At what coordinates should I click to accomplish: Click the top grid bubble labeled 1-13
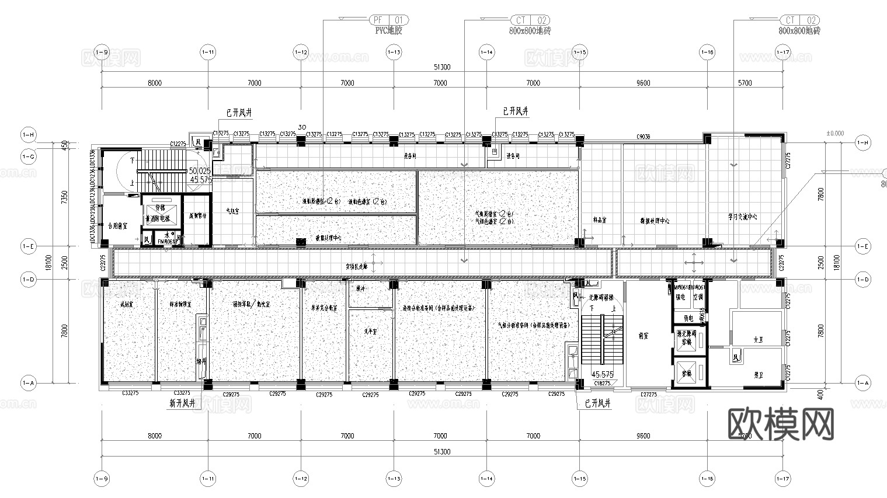394,53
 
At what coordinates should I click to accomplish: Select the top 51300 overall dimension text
442,67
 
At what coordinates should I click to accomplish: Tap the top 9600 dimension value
643,83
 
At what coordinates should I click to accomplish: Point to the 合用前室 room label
118,225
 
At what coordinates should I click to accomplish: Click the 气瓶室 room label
232,211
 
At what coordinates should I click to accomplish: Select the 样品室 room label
599,221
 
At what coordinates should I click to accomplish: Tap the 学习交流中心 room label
743,217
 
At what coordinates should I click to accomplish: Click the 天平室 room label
370,331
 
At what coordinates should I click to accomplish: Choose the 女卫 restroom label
758,339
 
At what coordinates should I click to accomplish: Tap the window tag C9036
643,137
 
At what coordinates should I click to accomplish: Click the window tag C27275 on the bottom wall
648,395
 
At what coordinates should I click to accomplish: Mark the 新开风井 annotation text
182,403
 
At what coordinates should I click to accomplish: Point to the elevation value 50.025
200,171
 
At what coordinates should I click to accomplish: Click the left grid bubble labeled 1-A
28,383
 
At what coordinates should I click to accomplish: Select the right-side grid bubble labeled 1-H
862,142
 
